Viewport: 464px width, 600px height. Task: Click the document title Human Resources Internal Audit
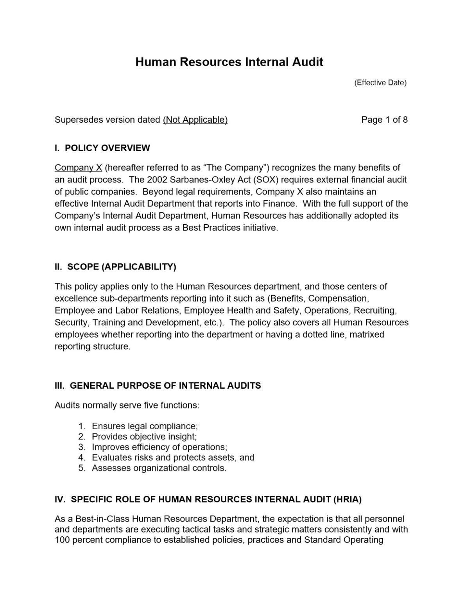click(229, 62)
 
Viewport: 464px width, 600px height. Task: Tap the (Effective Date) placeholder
click(380, 83)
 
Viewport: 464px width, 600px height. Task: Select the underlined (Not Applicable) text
click(195, 120)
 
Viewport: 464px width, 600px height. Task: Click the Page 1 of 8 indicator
click(384, 120)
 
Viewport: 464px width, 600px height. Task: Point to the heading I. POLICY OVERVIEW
click(102, 148)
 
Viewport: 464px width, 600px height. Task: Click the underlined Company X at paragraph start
click(78, 168)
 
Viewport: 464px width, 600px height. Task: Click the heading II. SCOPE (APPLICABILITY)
click(115, 267)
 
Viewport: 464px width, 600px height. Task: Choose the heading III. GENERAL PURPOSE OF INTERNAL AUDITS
click(158, 386)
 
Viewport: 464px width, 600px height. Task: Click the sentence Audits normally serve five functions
click(127, 405)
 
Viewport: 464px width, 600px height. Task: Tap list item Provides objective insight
click(144, 437)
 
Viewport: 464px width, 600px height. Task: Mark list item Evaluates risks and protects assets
click(173, 458)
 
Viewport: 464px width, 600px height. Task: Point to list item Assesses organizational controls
click(159, 468)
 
